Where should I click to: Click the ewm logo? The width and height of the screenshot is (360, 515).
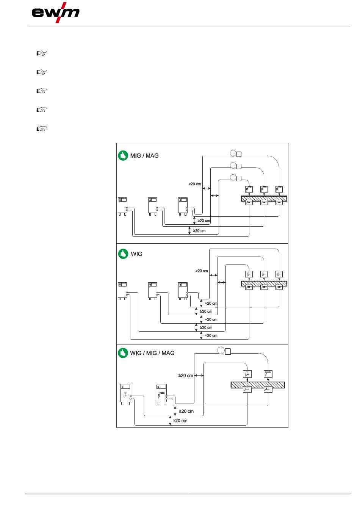point(55,13)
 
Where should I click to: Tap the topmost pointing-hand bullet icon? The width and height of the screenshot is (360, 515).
point(42,53)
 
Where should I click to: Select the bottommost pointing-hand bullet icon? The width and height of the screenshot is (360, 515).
point(42,128)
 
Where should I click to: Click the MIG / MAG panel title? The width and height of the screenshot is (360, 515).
point(144,156)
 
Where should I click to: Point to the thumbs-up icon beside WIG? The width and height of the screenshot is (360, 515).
point(123,254)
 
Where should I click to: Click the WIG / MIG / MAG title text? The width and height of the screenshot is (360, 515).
point(152,353)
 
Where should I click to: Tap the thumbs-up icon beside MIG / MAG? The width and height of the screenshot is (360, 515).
point(123,156)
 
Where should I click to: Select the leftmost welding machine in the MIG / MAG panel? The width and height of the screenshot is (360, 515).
point(122,206)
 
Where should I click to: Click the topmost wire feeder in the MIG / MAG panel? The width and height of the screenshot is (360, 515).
point(236,153)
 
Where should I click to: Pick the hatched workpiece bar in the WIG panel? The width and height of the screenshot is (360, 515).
point(264,283)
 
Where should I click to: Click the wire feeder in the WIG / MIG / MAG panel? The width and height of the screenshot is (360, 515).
point(224,351)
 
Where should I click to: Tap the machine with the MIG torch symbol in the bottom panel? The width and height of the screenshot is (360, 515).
point(161,394)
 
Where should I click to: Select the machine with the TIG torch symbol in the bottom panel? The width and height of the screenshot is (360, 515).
point(125,394)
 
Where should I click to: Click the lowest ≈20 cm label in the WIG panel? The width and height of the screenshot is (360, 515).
point(211,335)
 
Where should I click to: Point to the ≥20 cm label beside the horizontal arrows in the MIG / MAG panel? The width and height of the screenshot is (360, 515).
point(195,184)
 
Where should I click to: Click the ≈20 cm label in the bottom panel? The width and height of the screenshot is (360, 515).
point(180,421)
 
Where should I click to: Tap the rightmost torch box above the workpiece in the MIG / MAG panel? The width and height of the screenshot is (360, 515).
point(279,189)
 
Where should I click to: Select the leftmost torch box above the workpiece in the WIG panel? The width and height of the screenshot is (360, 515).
point(249,274)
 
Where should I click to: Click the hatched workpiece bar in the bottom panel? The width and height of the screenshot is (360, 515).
point(258,385)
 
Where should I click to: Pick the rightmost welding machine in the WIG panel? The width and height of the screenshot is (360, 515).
point(183,291)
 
